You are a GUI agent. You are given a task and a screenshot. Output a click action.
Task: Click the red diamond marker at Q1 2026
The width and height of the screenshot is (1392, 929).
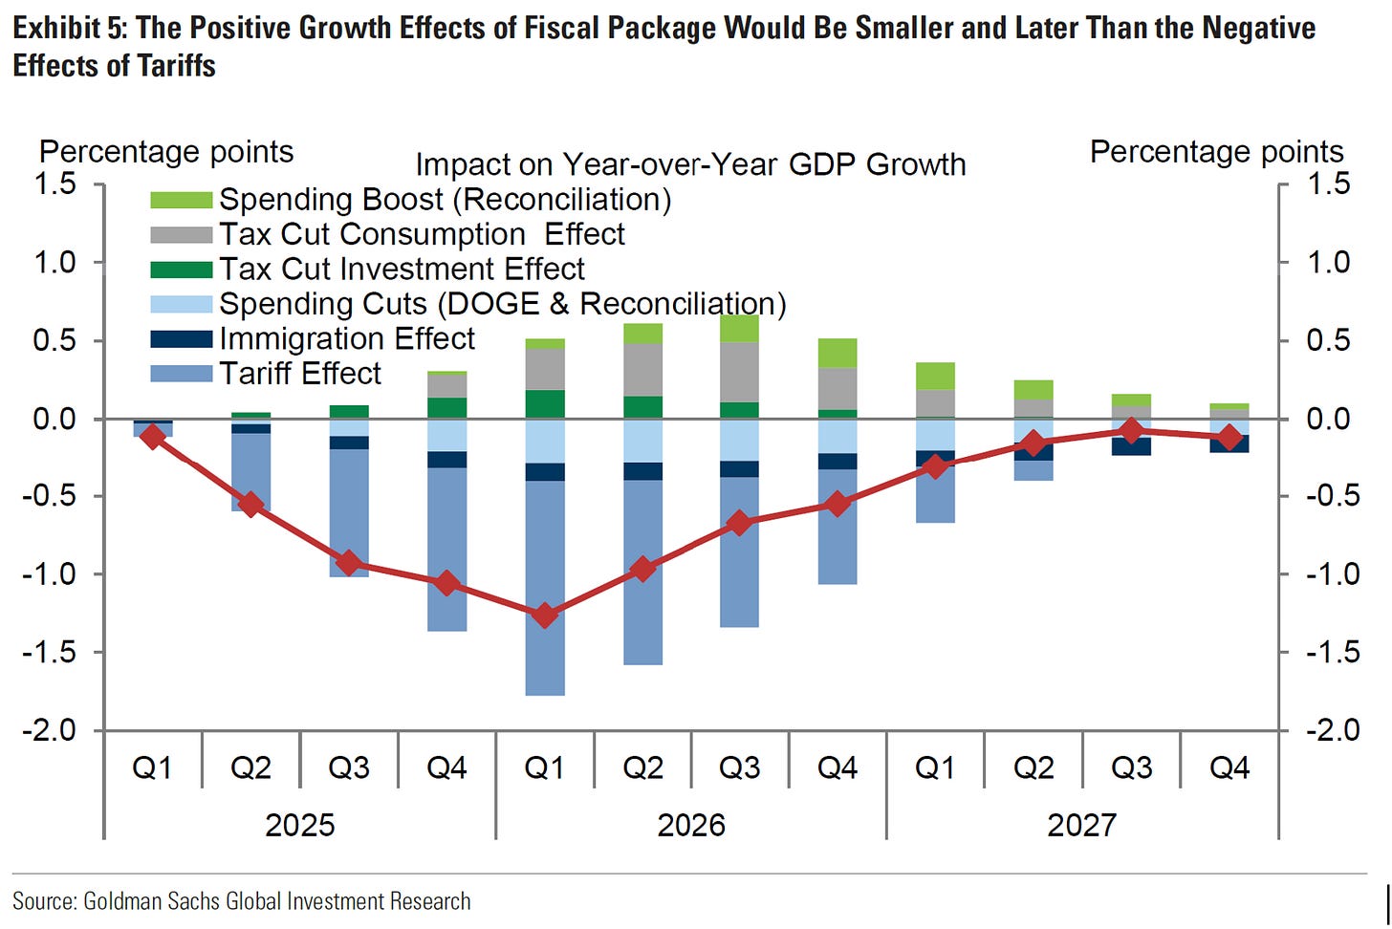pyautogui.click(x=545, y=616)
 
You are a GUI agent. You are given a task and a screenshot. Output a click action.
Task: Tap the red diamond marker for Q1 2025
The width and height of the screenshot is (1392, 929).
pyautogui.click(x=152, y=437)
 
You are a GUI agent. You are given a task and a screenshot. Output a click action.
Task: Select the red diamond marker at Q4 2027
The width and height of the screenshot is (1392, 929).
pyautogui.click(x=1229, y=438)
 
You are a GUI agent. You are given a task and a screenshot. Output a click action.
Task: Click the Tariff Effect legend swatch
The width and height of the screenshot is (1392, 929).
pyautogui.click(x=181, y=374)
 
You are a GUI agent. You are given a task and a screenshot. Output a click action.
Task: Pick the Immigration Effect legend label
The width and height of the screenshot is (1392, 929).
pyautogui.click(x=347, y=338)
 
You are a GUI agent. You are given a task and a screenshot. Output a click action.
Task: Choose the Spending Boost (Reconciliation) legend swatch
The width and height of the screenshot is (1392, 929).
pyautogui.click(x=181, y=200)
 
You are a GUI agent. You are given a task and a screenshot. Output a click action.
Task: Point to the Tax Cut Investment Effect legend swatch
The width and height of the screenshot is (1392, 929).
pyautogui.click(x=181, y=270)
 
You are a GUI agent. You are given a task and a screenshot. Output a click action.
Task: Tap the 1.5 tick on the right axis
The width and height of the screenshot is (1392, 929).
pyautogui.click(x=1328, y=183)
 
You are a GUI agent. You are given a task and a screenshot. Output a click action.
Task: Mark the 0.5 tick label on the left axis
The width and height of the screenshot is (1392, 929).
pyautogui.click(x=55, y=340)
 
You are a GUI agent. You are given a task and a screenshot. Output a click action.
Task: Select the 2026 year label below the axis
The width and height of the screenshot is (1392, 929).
pyautogui.click(x=691, y=825)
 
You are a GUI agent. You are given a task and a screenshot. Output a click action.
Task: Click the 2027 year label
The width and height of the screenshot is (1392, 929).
pyautogui.click(x=1081, y=825)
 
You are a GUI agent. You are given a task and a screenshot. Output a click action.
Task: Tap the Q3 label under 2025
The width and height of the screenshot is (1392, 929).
pyautogui.click(x=349, y=767)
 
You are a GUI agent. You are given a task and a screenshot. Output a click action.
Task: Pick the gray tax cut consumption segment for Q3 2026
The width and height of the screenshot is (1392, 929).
pyautogui.click(x=740, y=372)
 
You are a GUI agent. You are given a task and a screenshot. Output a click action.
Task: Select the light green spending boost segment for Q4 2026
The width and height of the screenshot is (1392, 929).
pyautogui.click(x=837, y=353)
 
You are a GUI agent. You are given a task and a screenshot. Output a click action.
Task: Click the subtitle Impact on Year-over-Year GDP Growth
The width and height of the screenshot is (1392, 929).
pyautogui.click(x=690, y=164)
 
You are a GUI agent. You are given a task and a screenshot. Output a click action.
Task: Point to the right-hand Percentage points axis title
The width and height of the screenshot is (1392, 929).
pyautogui.click(x=1216, y=151)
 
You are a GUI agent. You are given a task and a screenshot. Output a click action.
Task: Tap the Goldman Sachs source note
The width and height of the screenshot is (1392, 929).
pyautogui.click(x=241, y=900)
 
